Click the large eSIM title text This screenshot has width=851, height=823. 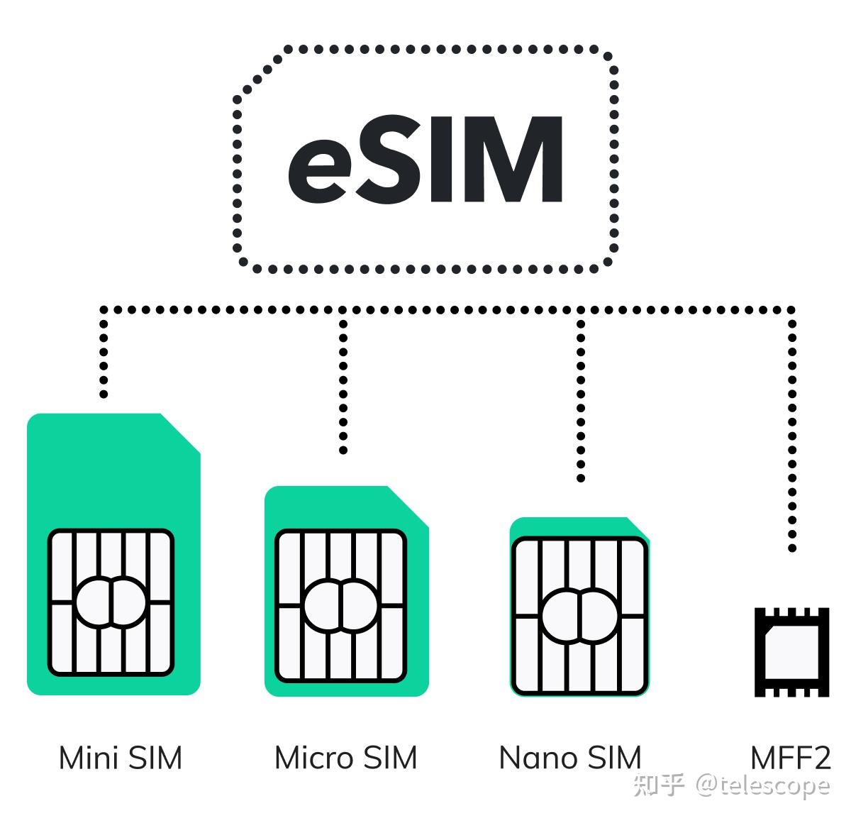coord(425,160)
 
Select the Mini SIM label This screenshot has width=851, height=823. coord(121,758)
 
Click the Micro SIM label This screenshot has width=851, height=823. coord(346,758)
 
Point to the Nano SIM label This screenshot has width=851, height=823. coord(570,758)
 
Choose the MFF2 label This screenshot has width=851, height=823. coord(790,758)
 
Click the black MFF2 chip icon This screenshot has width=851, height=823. coord(791,652)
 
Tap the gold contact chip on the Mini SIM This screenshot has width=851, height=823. coord(111,602)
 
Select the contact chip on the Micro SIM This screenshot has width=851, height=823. coord(341,605)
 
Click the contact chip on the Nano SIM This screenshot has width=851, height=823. coord(579,615)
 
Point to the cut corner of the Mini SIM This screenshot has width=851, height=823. coord(182,432)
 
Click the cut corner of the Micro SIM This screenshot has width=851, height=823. coord(409,506)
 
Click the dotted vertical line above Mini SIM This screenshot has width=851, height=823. coord(104,355)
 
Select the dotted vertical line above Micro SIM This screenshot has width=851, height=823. coord(343,383)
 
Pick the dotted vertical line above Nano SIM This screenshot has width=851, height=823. coord(581,397)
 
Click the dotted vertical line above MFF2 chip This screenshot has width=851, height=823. coord(792,433)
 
